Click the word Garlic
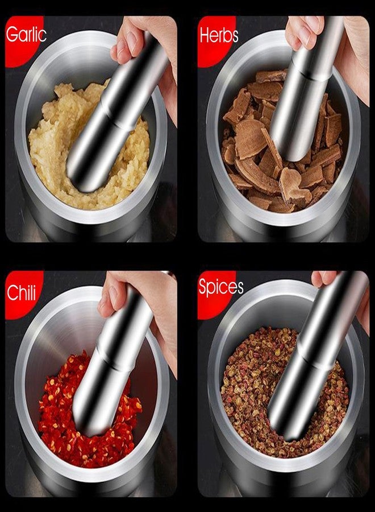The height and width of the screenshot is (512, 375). tap(26, 34)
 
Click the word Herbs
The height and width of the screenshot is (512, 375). tap(219, 35)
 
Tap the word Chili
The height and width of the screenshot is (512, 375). tap(21, 292)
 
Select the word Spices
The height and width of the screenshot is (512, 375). tap(221, 287)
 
